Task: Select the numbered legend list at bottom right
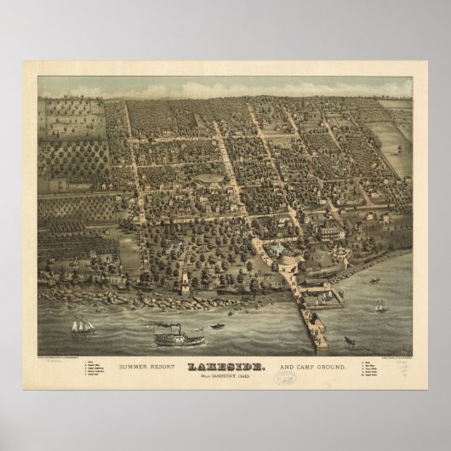click(375, 370)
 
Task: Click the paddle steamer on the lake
click(179, 338)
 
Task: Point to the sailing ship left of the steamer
click(83, 324)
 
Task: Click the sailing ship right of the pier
click(380, 305)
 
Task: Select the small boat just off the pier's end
click(349, 341)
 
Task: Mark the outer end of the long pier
click(322, 345)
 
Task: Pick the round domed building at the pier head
click(277, 248)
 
